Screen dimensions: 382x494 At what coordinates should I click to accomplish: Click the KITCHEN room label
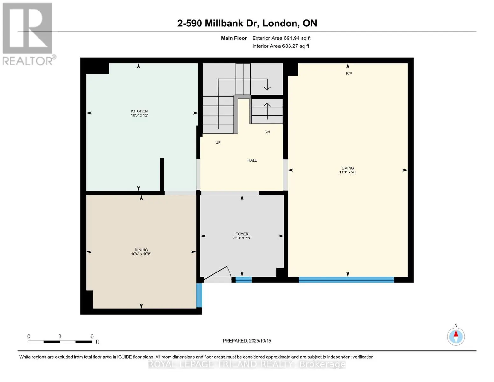coord(139,111)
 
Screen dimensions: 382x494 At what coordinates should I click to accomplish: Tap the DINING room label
coord(141,250)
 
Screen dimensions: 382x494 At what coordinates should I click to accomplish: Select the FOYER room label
coord(242,234)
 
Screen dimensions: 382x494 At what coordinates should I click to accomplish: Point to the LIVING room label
coord(347,168)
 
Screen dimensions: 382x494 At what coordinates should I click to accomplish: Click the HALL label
coord(252,160)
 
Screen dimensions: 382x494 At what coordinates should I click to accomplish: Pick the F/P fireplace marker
coord(349,74)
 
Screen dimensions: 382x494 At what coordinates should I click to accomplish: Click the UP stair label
coord(218,143)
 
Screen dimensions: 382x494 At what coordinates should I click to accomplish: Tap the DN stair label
coord(267,132)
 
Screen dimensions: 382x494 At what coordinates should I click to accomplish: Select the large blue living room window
coord(346,280)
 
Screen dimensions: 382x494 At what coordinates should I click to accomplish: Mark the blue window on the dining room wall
coord(199,295)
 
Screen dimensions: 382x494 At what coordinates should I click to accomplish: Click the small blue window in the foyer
coord(243,280)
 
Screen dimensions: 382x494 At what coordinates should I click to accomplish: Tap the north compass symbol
coord(456,336)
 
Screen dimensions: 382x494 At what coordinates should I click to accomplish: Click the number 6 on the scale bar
coord(92,336)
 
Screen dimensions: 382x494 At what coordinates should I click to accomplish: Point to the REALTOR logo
coord(28,33)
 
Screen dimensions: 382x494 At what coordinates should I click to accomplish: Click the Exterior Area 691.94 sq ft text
coord(281,38)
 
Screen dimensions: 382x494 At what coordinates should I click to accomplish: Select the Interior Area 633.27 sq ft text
coord(281,46)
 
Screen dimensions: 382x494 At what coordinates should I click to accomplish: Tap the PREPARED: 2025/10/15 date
coord(247,341)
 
